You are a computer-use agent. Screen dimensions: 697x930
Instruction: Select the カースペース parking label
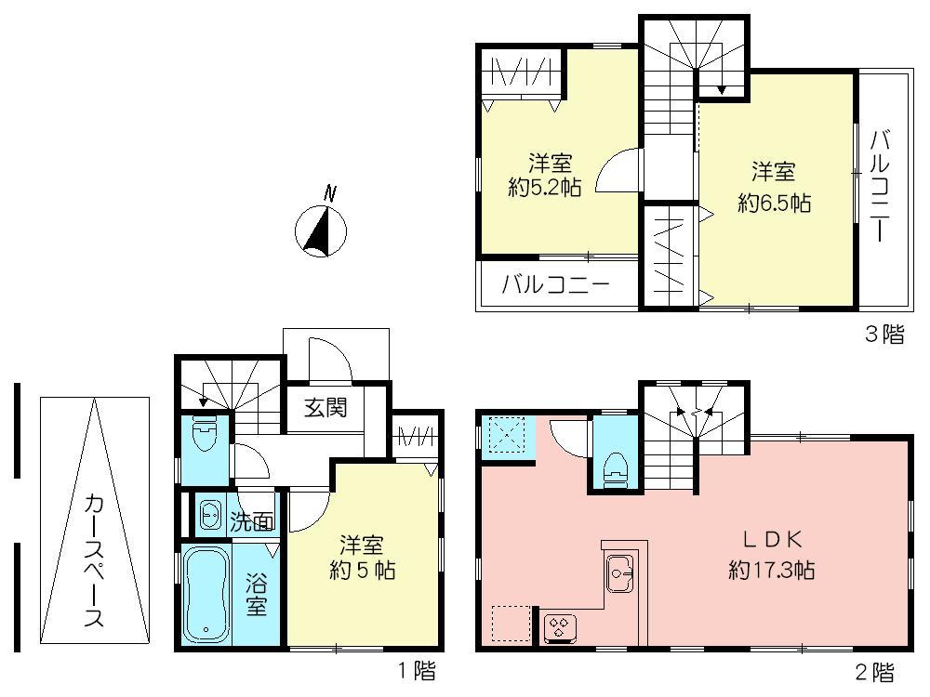click(x=94, y=560)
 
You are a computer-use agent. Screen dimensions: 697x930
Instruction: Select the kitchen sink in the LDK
click(x=620, y=572)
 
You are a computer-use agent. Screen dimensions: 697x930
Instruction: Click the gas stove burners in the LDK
click(x=561, y=627)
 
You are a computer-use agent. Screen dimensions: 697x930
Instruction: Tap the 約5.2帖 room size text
click(x=545, y=187)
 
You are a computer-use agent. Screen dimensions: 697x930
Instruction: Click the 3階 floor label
click(x=884, y=335)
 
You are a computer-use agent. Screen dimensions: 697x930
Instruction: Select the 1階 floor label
click(x=416, y=670)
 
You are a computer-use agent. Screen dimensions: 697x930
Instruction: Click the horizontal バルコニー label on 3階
click(x=556, y=284)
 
